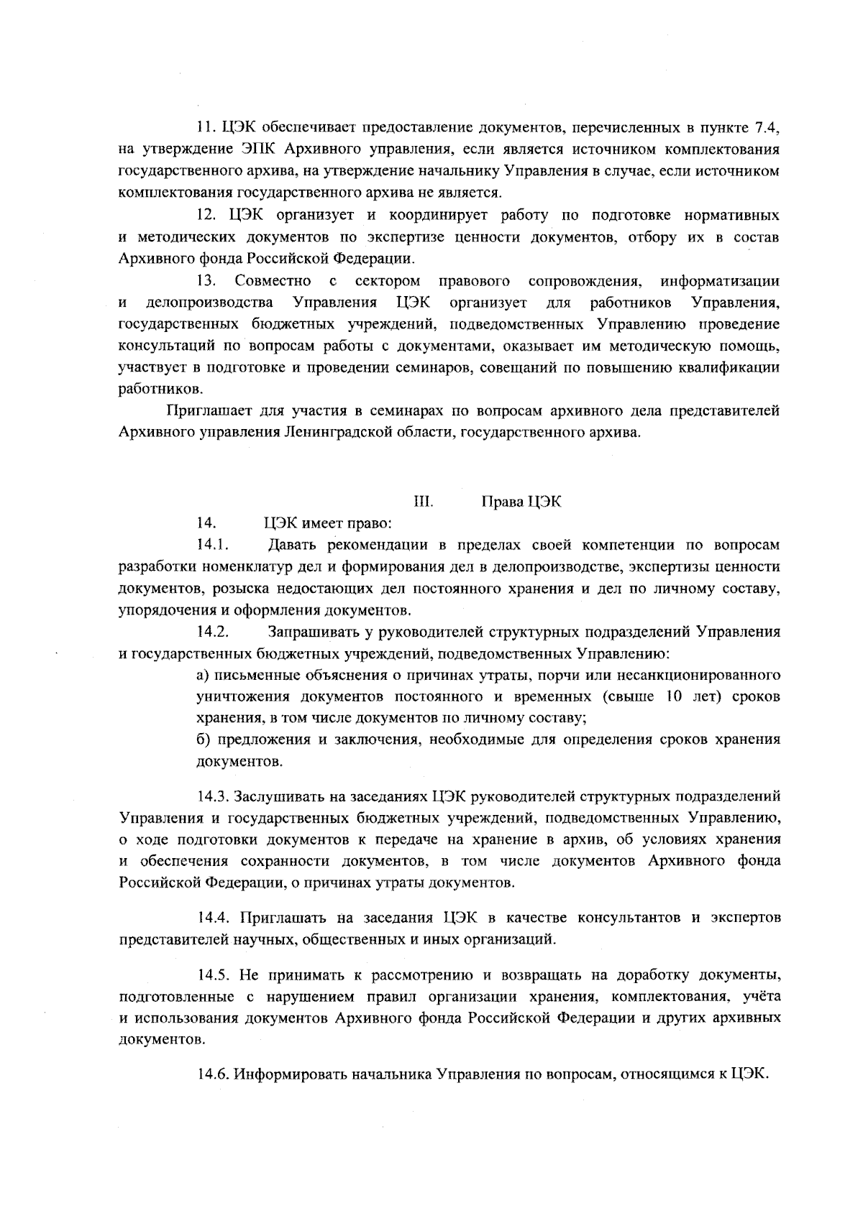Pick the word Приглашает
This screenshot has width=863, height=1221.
[x=205, y=412]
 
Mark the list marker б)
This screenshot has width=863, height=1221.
[x=204, y=739]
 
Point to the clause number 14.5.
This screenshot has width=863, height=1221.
[x=214, y=975]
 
